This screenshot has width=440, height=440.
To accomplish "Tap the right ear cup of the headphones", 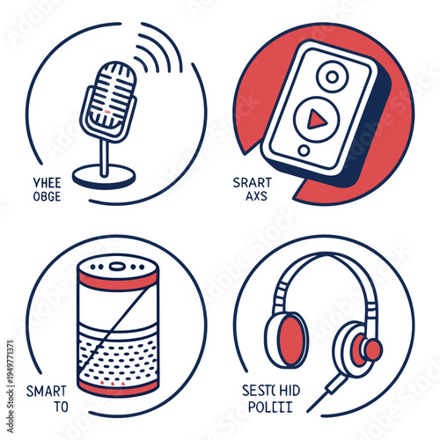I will coord(362,348).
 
